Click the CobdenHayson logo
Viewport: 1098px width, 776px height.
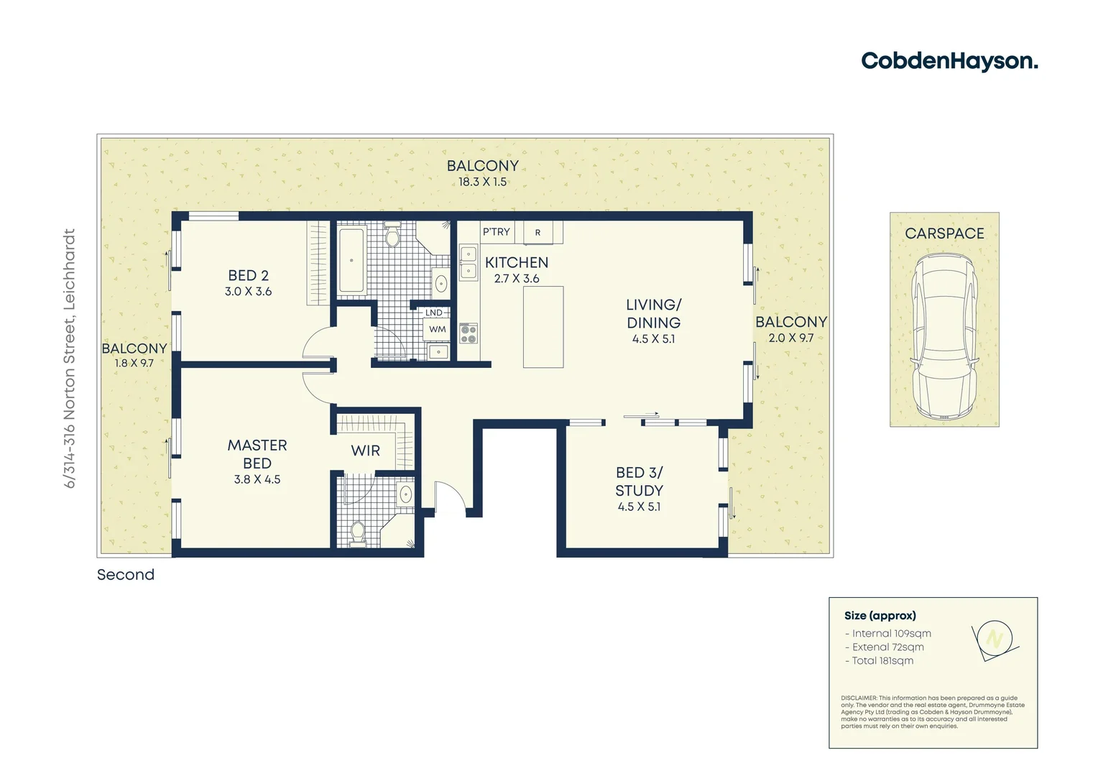949,61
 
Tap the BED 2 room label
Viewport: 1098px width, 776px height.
248,276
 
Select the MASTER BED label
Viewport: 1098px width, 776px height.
257,454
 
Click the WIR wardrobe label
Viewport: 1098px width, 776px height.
365,451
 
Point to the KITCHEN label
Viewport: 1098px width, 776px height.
516,263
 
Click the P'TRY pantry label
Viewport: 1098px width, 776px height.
496,232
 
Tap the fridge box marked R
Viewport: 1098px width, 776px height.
538,233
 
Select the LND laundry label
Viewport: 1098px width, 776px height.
434,313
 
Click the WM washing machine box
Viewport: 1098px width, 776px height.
437,330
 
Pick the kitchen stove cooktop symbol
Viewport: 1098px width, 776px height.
469,333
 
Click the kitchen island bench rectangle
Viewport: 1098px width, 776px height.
543,327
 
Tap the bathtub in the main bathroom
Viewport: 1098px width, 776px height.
351,260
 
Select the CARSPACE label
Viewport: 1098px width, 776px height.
944,234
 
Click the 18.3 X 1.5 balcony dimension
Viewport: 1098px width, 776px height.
482,183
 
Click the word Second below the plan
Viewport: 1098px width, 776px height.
126,575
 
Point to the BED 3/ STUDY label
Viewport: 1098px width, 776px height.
639,481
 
